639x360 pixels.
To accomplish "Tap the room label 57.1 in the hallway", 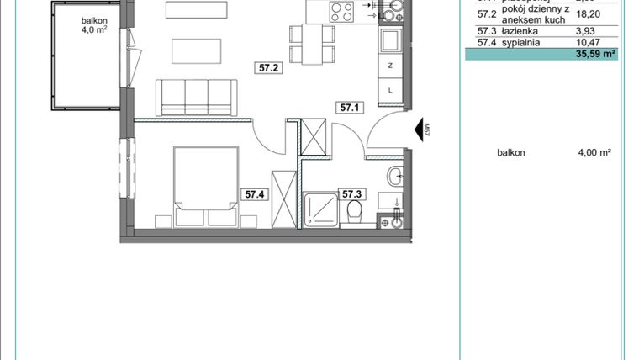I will click(x=349, y=108).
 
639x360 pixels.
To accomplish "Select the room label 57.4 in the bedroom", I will click(x=255, y=194).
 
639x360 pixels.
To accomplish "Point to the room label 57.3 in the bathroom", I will click(x=351, y=194).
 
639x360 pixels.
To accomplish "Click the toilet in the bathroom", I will click(x=354, y=210).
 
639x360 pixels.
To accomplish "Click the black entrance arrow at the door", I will click(x=417, y=130).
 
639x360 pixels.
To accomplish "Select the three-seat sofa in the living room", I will click(x=196, y=96).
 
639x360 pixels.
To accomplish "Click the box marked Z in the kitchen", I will click(x=391, y=66).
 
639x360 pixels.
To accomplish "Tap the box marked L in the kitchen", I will click(x=391, y=87).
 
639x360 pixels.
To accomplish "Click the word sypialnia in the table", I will click(x=524, y=41).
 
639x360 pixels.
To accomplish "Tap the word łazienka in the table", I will click(x=521, y=30).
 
